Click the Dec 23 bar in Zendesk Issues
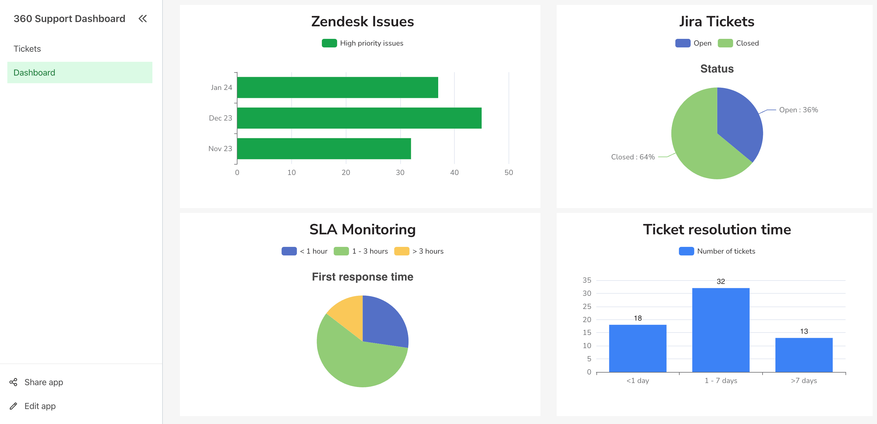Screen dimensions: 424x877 359,118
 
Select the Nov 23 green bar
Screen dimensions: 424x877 324,149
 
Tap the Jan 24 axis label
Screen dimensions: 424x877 221,87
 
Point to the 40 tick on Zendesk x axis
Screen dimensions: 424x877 454,173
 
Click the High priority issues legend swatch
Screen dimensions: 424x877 329,43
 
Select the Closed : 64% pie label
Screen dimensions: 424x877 633,157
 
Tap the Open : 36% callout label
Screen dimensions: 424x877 798,110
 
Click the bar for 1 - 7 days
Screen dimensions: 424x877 720,330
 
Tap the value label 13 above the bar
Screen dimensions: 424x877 804,331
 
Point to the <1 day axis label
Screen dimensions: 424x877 638,381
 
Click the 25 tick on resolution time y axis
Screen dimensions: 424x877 587,307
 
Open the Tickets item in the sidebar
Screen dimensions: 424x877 27,49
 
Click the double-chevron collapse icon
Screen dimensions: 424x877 143,19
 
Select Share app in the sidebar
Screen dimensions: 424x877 43,382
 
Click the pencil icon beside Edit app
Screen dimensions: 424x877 13,406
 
